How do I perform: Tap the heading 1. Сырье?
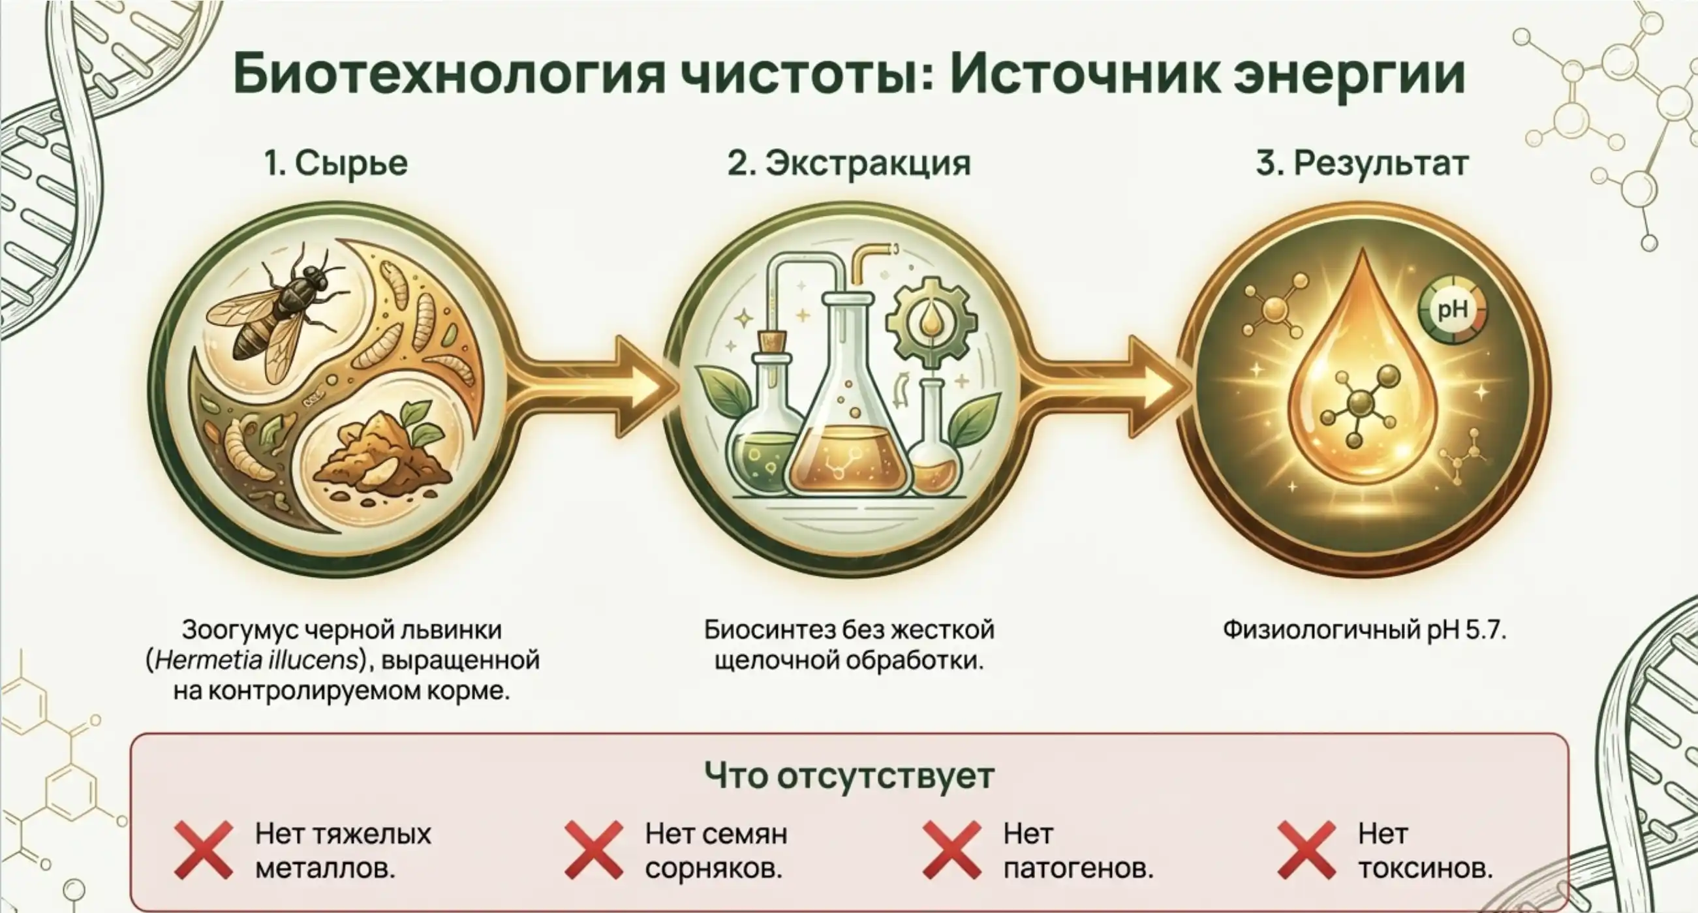(x=336, y=162)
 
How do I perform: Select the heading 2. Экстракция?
(x=849, y=162)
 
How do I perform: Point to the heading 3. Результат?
(x=1362, y=162)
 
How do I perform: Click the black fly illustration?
(x=277, y=310)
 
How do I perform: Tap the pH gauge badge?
(x=1451, y=309)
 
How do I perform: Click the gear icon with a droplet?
(x=931, y=322)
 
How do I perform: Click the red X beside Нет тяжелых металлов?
(x=204, y=850)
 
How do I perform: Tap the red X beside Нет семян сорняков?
(x=593, y=850)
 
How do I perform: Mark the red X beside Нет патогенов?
(x=952, y=850)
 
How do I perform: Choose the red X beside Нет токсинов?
(x=1306, y=850)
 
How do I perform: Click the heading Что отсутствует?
(x=849, y=775)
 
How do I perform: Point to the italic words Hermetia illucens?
(x=256, y=660)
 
